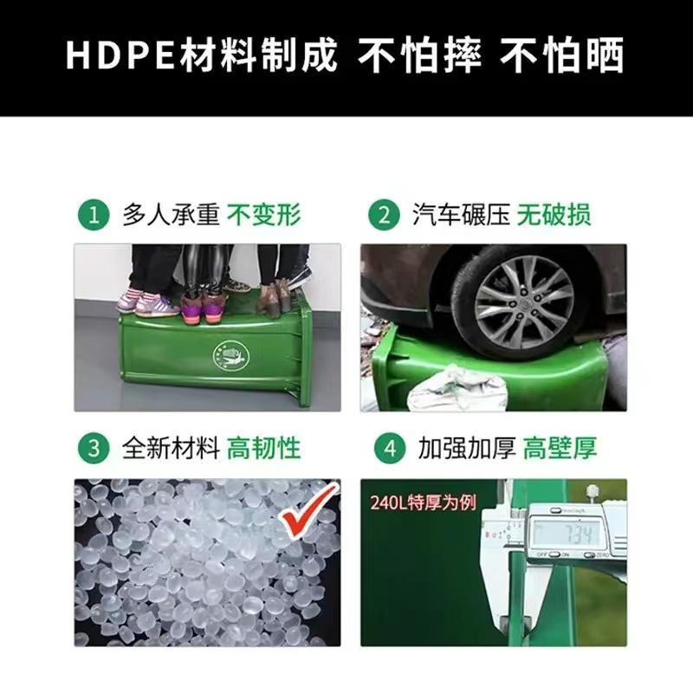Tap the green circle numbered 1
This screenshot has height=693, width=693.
click(x=94, y=216)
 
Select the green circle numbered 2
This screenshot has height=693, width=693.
click(x=384, y=216)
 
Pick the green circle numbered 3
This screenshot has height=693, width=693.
click(x=94, y=448)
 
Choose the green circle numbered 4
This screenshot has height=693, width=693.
click(x=389, y=448)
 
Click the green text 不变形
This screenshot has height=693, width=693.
click(x=264, y=215)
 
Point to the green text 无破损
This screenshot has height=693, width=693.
click(x=554, y=215)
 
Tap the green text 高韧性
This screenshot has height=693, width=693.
click(x=264, y=448)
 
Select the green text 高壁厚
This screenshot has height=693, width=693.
click(x=560, y=448)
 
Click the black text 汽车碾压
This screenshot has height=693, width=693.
click(x=461, y=215)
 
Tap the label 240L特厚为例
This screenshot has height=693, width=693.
click(x=423, y=502)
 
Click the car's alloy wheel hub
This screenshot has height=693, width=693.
click(x=525, y=305)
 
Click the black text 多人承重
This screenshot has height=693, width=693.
click(x=171, y=215)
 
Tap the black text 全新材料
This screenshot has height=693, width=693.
click(x=171, y=448)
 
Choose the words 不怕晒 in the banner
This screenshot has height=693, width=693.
click(x=561, y=55)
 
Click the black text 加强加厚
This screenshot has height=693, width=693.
click(x=467, y=448)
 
